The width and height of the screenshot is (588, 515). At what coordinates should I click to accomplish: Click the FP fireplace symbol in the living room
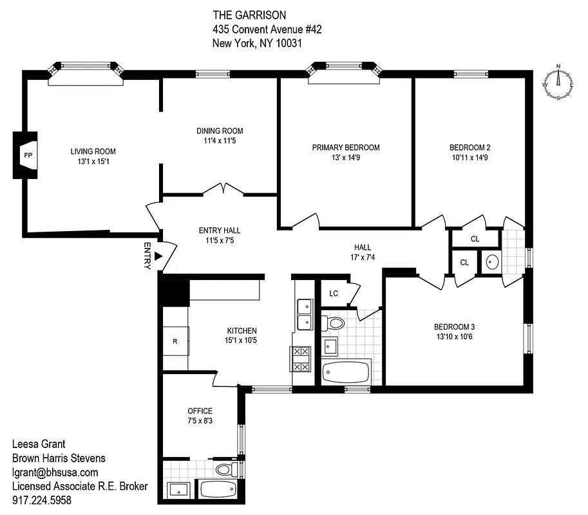tap(27, 155)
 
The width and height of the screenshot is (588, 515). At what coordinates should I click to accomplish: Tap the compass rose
tap(558, 83)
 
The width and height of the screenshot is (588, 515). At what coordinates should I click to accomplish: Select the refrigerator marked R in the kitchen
tap(175, 341)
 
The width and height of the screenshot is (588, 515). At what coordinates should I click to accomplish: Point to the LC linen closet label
tap(334, 293)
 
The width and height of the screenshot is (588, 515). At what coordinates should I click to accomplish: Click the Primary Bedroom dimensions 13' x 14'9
tap(346, 157)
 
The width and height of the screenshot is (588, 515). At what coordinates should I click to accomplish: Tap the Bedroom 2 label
tap(469, 147)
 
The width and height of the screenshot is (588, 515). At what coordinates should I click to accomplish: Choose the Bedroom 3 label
tap(454, 326)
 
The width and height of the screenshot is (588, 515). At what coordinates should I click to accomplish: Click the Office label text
tap(200, 411)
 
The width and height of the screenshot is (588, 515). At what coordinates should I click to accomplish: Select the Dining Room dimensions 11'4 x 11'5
tap(220, 140)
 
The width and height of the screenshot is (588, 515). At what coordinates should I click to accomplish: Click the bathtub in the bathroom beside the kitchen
tap(346, 372)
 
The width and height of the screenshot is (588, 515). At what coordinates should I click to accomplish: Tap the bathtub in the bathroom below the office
tap(218, 489)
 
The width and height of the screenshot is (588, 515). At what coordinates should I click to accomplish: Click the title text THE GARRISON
tap(249, 15)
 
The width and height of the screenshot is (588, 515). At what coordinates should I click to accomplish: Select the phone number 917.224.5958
tap(42, 500)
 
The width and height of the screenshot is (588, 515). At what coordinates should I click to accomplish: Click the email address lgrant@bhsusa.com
tap(55, 472)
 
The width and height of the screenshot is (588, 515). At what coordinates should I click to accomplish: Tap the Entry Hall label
tap(220, 230)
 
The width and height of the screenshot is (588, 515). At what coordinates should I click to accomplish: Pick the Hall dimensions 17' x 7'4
tap(362, 257)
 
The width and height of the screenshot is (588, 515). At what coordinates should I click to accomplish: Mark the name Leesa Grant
tap(40, 444)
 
